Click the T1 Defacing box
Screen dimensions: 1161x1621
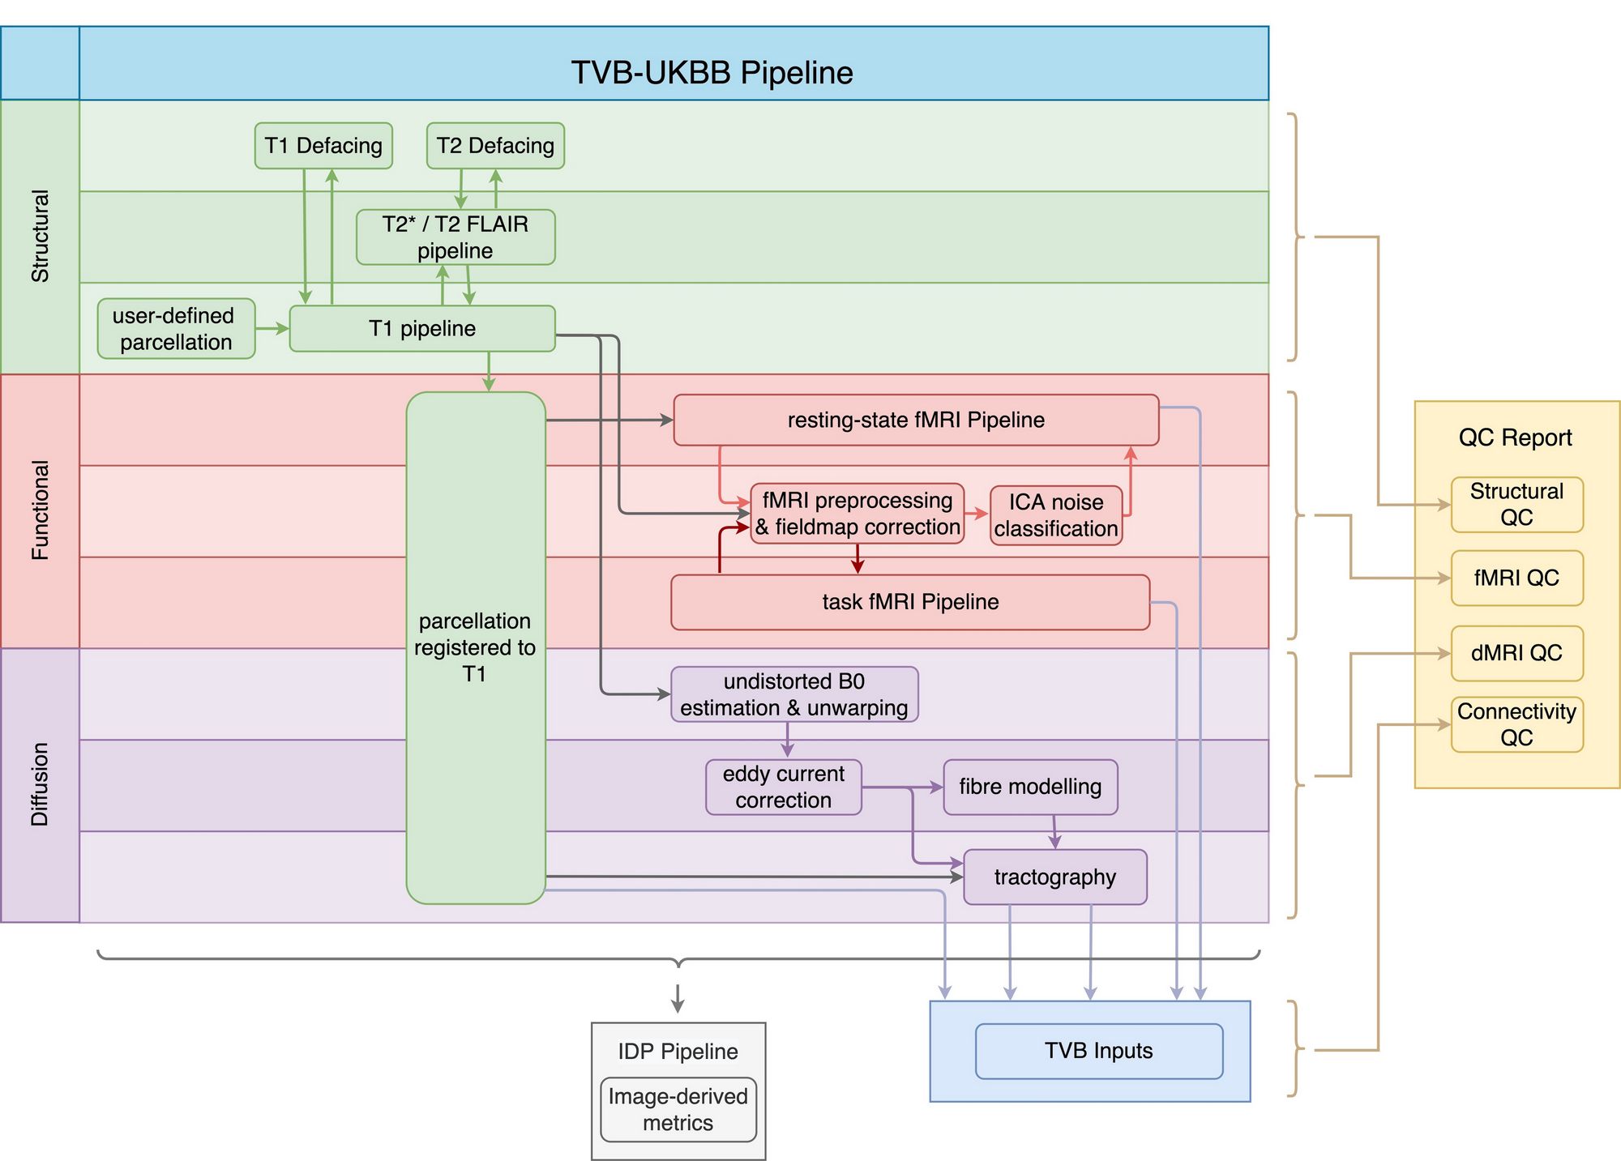pos(323,146)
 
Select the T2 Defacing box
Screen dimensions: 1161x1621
pos(495,146)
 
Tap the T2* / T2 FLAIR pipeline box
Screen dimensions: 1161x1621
pos(456,237)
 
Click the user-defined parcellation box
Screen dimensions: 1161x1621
pos(176,329)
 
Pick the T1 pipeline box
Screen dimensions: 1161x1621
pos(421,329)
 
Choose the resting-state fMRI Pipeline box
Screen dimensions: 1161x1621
pos(916,420)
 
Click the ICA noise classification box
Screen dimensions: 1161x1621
pos(1056,515)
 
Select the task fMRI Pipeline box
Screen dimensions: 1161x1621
pos(910,602)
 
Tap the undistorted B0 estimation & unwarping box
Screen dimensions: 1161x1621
pos(794,694)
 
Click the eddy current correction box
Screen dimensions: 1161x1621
pos(783,787)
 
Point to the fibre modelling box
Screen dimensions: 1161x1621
pos(1030,787)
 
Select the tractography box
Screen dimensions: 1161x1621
pos(1054,877)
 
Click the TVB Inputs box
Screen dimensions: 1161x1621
pos(1098,1051)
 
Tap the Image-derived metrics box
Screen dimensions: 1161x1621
pos(678,1109)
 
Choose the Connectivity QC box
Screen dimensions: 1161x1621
pos(1516,724)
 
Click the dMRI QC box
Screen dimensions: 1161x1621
pos(1516,653)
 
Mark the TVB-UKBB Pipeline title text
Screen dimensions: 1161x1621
pos(712,73)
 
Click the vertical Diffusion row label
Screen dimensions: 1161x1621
pos(40,784)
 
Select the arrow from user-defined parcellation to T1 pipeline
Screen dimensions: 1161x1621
pos(272,329)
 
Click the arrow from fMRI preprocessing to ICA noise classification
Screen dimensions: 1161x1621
pos(977,514)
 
